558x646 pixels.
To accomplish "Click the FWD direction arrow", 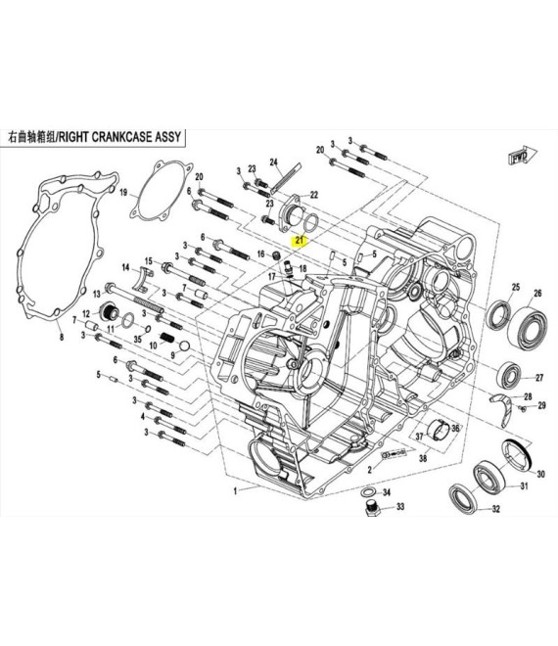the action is click(x=524, y=157).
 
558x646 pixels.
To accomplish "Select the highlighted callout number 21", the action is click(x=300, y=240).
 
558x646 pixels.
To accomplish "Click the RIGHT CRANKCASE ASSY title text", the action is click(x=119, y=137).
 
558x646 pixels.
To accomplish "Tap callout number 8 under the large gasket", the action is click(x=62, y=338).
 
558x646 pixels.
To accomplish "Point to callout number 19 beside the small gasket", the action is click(x=123, y=193).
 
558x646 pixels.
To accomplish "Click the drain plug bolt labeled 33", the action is click(x=372, y=508).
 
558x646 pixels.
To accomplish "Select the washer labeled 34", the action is click(x=367, y=492).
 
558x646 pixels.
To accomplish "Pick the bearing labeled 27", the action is click(x=508, y=375).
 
